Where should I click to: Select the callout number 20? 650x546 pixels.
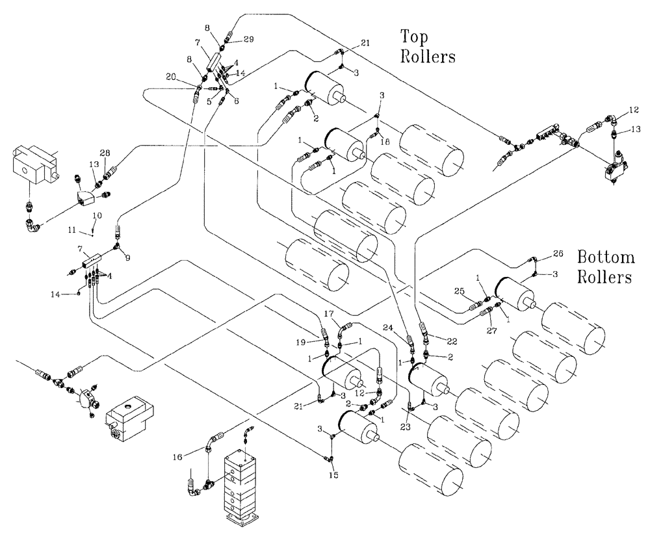pyautogui.click(x=172, y=77)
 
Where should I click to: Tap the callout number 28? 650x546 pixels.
pyautogui.click(x=105, y=152)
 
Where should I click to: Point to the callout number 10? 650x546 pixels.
pyautogui.click(x=97, y=214)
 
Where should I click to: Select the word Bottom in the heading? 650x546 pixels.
pyautogui.click(x=604, y=257)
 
